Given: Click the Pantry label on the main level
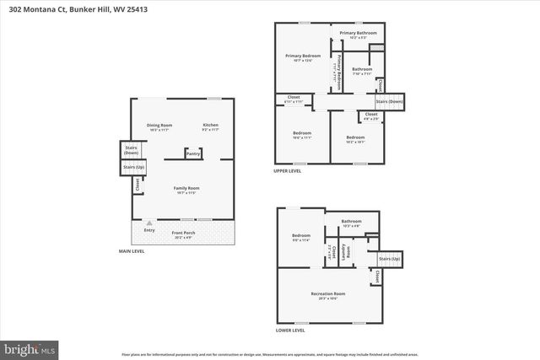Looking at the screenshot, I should click(193, 154).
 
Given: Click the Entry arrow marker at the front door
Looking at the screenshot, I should click(149, 223).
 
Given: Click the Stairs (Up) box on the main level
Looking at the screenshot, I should click(132, 167).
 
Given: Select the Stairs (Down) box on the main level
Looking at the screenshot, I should click(131, 150).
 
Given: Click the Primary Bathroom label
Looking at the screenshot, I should click(358, 34).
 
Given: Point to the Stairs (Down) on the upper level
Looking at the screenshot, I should click(389, 102).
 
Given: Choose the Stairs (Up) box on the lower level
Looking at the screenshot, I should click(389, 259).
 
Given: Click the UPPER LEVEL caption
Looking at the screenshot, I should click(288, 171).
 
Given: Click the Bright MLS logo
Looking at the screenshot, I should click(30, 347).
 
